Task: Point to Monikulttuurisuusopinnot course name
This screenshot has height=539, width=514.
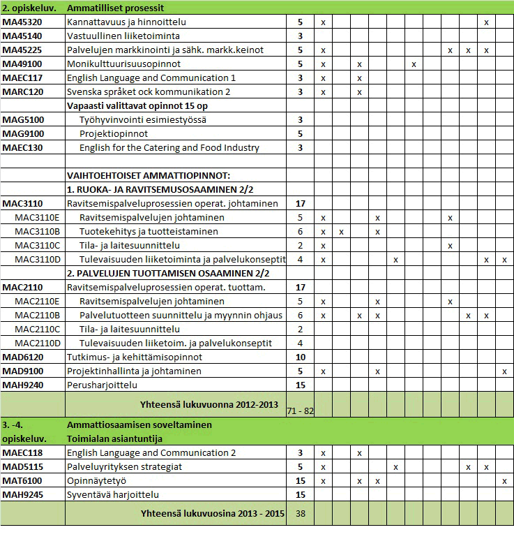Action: tap(123, 64)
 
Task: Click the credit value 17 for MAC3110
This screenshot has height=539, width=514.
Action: tap(300, 204)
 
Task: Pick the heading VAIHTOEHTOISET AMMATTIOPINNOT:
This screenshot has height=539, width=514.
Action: tap(148, 176)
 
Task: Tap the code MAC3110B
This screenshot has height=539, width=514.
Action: tap(38, 232)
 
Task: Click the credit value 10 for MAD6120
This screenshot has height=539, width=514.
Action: tap(300, 357)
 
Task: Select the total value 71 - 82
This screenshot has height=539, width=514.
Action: tap(300, 411)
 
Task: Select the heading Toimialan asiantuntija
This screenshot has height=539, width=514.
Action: tap(115, 439)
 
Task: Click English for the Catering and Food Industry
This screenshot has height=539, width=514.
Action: tap(169, 148)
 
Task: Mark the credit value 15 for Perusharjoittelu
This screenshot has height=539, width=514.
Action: tap(300, 385)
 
